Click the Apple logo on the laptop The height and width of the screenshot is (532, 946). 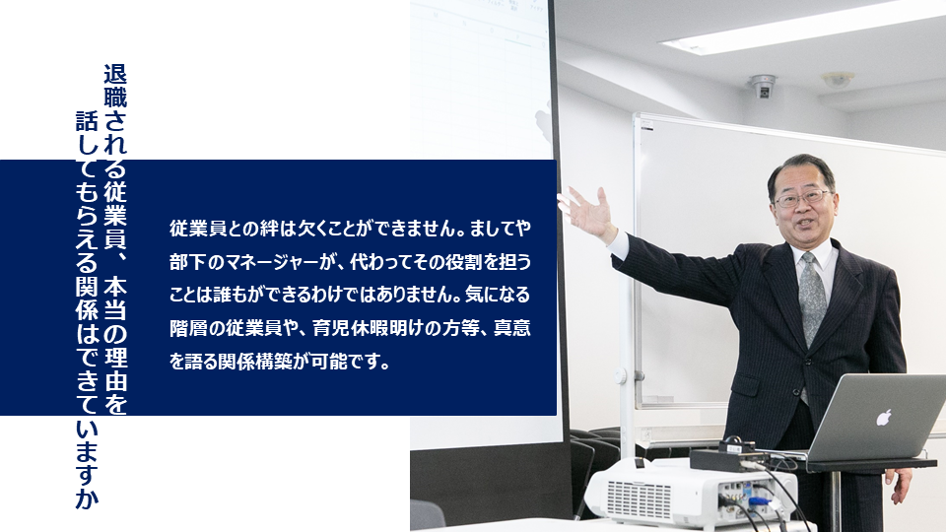point(883,417)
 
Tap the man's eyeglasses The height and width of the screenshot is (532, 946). point(803,197)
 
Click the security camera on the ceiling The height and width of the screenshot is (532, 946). point(763,87)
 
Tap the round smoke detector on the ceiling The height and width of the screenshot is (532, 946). point(838,79)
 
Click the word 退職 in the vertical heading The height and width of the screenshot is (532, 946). point(115,87)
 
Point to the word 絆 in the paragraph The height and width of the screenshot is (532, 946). point(269,229)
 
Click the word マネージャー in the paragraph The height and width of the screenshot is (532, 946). point(263,262)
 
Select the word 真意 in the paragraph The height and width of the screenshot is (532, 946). point(512,328)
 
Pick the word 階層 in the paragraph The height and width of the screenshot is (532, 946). point(188,328)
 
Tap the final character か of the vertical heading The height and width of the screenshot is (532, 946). point(87,499)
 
